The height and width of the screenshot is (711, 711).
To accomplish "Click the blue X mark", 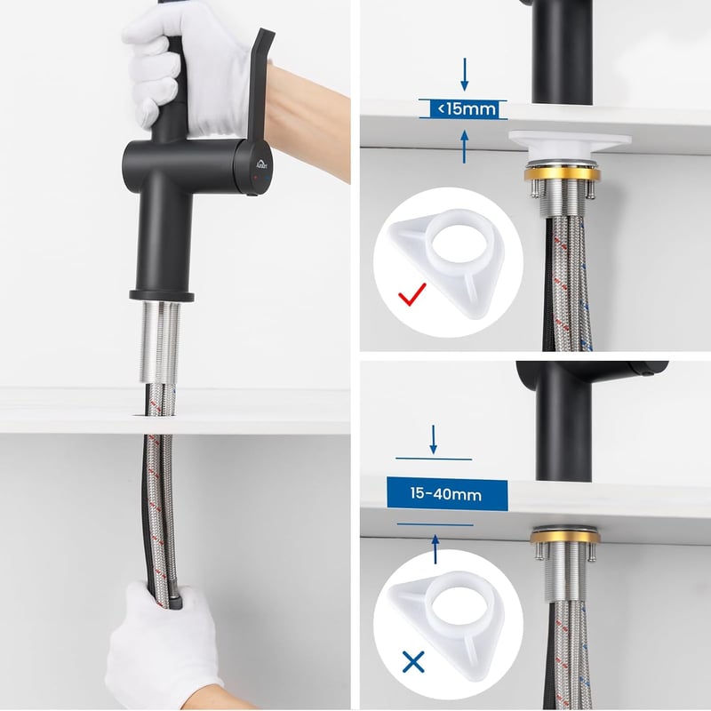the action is (x=413, y=661).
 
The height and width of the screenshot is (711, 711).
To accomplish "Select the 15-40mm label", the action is (x=447, y=494).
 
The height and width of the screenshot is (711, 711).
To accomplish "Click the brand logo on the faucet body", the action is (x=262, y=164).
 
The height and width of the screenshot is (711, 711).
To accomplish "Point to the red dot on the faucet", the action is (x=256, y=178).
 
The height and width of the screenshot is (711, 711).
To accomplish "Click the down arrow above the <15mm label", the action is (x=464, y=75).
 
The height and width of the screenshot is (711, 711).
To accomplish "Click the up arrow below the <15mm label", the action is (x=464, y=147).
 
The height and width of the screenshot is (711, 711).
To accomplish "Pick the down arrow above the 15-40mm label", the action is (x=434, y=439).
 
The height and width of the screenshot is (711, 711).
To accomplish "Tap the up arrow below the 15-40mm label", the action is (x=435, y=549).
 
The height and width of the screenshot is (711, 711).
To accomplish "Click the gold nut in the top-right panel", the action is (x=562, y=174).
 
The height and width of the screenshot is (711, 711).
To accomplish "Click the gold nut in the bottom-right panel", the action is (x=566, y=538).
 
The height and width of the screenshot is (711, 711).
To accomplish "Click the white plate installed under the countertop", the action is (x=570, y=144).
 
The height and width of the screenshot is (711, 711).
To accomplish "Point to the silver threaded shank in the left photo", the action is (x=161, y=343).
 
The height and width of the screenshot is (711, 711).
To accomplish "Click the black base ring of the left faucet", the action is (x=162, y=296).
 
